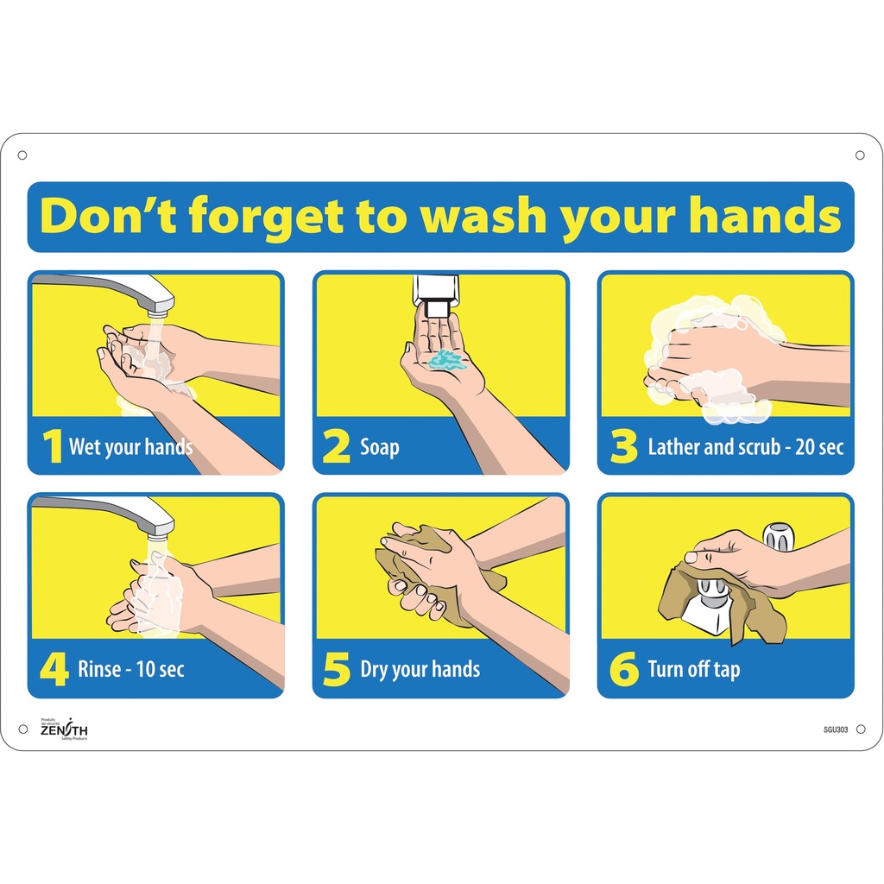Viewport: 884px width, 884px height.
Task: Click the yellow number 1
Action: (x=54, y=447)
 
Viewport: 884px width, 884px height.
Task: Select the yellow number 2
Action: (x=336, y=447)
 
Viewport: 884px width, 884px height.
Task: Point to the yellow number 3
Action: (x=622, y=447)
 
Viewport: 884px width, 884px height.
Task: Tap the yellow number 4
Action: (x=54, y=670)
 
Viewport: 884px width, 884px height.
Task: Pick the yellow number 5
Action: (x=337, y=670)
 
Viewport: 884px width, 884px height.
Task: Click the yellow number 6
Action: (x=623, y=670)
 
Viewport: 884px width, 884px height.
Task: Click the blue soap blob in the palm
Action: (x=447, y=358)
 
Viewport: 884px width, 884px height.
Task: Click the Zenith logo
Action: (x=64, y=729)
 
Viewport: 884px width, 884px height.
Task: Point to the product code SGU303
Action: (x=836, y=729)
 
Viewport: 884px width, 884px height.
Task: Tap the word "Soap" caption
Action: (x=380, y=447)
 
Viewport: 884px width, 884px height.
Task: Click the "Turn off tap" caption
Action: (x=693, y=670)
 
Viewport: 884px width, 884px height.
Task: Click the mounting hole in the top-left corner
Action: (x=22, y=155)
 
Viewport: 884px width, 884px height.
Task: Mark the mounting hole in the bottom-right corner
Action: (x=860, y=729)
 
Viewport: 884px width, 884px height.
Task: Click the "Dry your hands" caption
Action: (x=420, y=670)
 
